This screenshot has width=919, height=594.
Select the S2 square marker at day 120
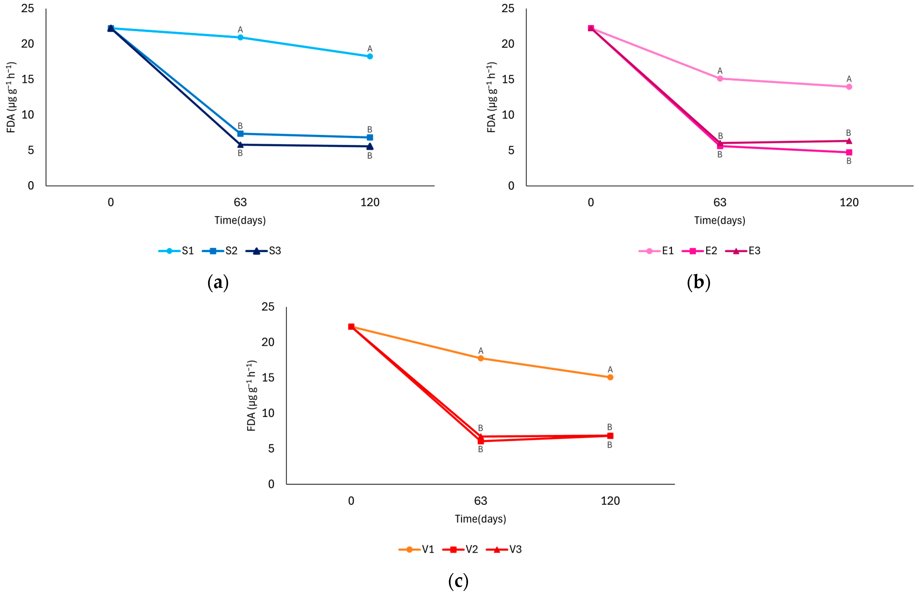[370, 137]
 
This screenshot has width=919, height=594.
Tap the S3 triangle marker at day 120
[370, 146]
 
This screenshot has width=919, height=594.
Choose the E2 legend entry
[699, 251]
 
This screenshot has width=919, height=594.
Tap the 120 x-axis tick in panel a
[370, 202]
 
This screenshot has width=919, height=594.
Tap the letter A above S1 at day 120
[370, 49]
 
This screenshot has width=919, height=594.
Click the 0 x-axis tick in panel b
[591, 202]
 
